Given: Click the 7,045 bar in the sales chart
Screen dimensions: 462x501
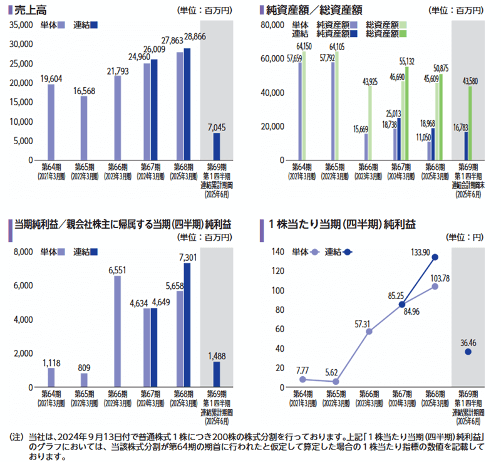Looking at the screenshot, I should pos(217,146).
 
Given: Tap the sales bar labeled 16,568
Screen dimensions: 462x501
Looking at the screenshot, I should pos(84,128).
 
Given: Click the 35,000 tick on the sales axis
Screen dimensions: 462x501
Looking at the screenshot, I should pos(22,24).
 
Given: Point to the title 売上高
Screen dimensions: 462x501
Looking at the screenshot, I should pos(30,10).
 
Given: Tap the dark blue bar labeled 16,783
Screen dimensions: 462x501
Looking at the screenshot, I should pos(467,145).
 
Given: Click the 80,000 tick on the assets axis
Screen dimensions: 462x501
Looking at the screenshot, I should pos(276,24).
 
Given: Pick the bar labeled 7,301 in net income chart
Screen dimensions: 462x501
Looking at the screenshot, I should pos(187,325).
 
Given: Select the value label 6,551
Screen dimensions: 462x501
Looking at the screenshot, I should pos(118,270).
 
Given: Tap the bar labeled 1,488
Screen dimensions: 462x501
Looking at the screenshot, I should pos(217,374).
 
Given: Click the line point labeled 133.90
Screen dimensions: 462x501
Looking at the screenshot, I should pos(435,257).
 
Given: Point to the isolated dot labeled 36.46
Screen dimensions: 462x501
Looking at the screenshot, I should pos(468,352).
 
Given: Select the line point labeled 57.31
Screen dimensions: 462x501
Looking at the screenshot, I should pos(369,331).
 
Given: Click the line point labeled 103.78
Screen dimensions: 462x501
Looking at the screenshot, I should pos(435,286).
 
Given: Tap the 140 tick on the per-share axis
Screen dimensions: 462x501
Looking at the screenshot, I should pos(279,252).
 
